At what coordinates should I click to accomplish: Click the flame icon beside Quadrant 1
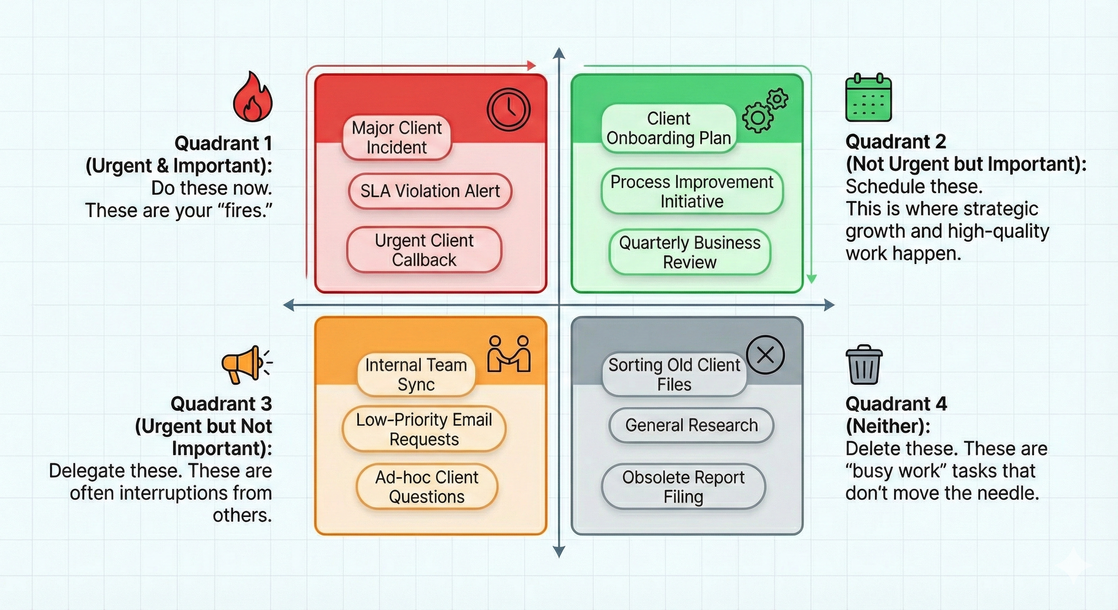(x=253, y=97)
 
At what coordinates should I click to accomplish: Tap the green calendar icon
(x=868, y=98)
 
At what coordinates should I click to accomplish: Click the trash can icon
(x=864, y=365)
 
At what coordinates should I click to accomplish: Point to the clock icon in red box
(x=508, y=110)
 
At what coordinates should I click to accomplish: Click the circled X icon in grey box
(x=765, y=355)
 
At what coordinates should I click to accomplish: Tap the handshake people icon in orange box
(x=509, y=354)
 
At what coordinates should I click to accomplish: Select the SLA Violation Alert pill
(x=430, y=191)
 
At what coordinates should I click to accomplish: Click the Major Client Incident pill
(x=397, y=138)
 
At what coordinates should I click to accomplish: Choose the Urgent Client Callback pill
(x=424, y=250)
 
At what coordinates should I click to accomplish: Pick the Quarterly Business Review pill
(x=690, y=252)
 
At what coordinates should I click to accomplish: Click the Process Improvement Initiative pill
(x=692, y=191)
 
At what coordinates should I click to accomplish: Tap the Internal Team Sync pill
(x=416, y=375)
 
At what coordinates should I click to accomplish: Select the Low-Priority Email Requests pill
(x=424, y=429)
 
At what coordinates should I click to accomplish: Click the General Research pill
(x=691, y=425)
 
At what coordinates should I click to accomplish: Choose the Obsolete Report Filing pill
(x=683, y=487)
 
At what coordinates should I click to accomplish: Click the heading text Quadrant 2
(x=896, y=142)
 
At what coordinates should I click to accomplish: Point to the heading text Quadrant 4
(x=896, y=404)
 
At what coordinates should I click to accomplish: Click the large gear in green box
(x=757, y=118)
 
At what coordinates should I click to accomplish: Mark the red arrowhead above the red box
(x=531, y=66)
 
